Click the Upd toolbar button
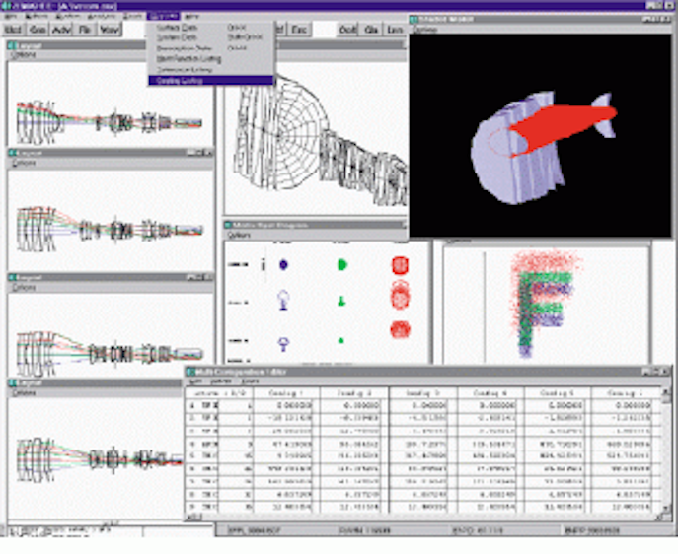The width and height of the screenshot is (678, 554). coord(14,31)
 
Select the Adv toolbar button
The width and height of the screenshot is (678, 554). coord(62,31)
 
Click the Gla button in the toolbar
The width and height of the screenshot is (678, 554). coord(372,31)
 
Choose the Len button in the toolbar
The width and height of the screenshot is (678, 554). coord(395,31)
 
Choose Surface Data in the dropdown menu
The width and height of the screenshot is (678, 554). coord(178,28)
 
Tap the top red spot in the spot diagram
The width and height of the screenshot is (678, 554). coord(400,265)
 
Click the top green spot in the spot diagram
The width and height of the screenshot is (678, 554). coord(342,265)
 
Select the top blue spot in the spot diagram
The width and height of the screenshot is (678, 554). coord(283,265)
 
